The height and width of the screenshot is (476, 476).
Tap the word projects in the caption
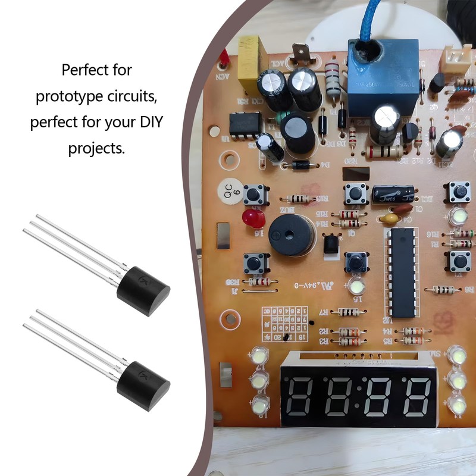point(96,148)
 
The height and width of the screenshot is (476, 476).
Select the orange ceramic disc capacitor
point(390,219)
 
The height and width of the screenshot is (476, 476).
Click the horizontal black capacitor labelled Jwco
point(393,195)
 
